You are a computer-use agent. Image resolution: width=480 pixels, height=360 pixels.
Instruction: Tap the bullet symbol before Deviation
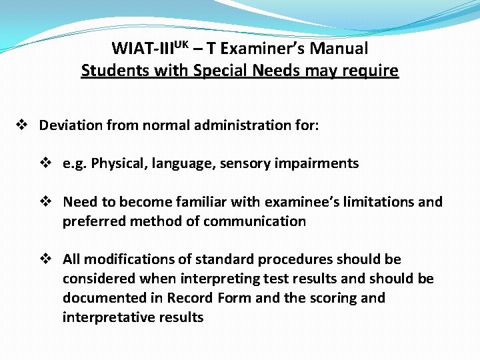pos(21,125)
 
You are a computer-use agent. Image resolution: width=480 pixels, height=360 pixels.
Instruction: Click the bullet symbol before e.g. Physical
pos(45,163)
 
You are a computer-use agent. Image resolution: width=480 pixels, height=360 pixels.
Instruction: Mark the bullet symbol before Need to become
pos(45,202)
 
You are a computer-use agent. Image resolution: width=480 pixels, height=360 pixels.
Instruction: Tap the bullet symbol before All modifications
pos(45,259)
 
